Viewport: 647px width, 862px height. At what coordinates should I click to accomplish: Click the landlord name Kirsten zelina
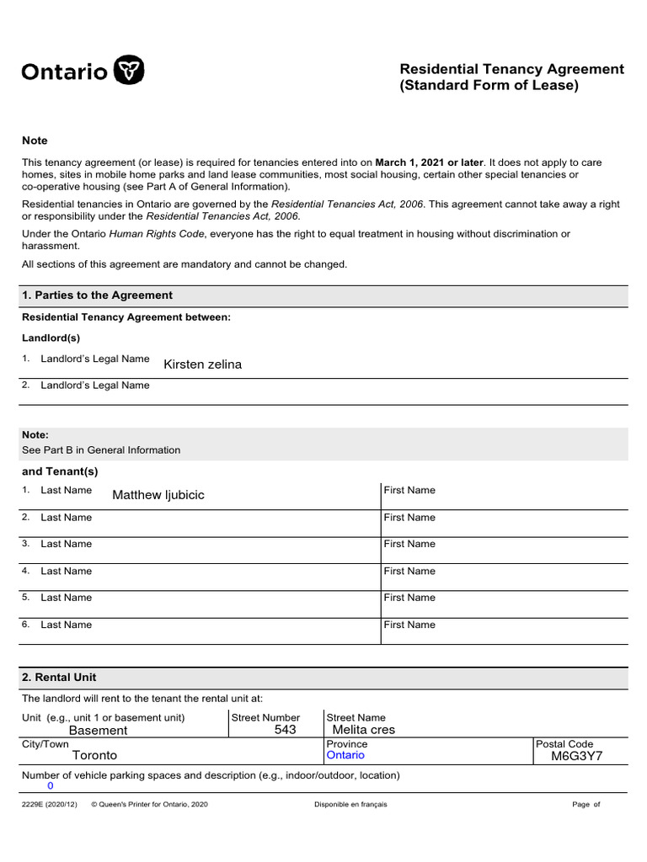[x=202, y=364]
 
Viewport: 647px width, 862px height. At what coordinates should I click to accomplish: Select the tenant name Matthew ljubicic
[x=158, y=495]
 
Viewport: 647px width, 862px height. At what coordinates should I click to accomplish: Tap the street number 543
[x=285, y=730]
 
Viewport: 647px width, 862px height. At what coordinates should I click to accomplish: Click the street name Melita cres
[x=364, y=730]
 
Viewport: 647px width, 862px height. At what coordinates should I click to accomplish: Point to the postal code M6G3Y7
[x=577, y=756]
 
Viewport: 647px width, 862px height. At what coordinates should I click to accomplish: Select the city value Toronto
[x=94, y=756]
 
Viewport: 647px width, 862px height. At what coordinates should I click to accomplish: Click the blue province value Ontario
[x=345, y=755]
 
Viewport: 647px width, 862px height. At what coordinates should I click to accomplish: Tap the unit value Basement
[x=98, y=731]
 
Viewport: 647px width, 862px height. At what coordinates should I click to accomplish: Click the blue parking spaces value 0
[x=50, y=785]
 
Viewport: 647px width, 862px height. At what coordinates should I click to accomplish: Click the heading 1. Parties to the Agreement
[x=97, y=295]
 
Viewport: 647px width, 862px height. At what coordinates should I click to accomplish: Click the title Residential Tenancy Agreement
[x=511, y=69]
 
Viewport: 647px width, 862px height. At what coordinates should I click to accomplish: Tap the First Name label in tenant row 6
[x=409, y=625]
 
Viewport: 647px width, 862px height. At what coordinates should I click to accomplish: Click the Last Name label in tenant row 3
[x=67, y=544]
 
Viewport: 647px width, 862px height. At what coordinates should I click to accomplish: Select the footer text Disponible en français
[x=350, y=805]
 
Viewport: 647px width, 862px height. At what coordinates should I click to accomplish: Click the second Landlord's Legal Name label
[x=95, y=386]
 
